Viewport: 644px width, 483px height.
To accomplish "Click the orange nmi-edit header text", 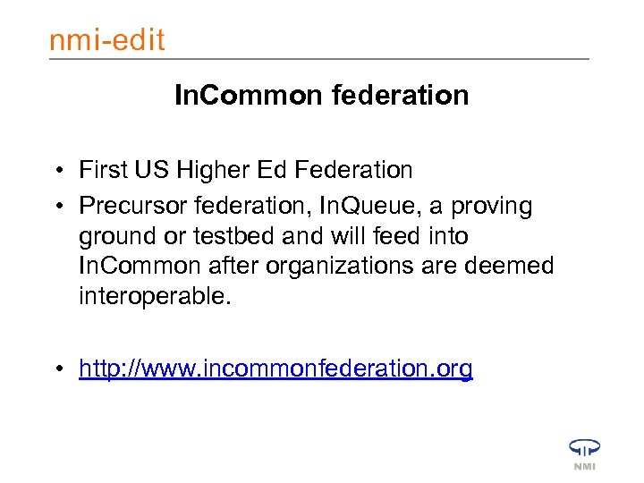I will (107, 40).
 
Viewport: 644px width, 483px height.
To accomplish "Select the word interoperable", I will (154, 296).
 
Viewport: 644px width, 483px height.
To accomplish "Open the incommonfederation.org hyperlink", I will (275, 369).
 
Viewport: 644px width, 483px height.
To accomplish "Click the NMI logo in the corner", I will (584, 453).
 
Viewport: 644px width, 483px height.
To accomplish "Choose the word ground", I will (113, 237).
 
